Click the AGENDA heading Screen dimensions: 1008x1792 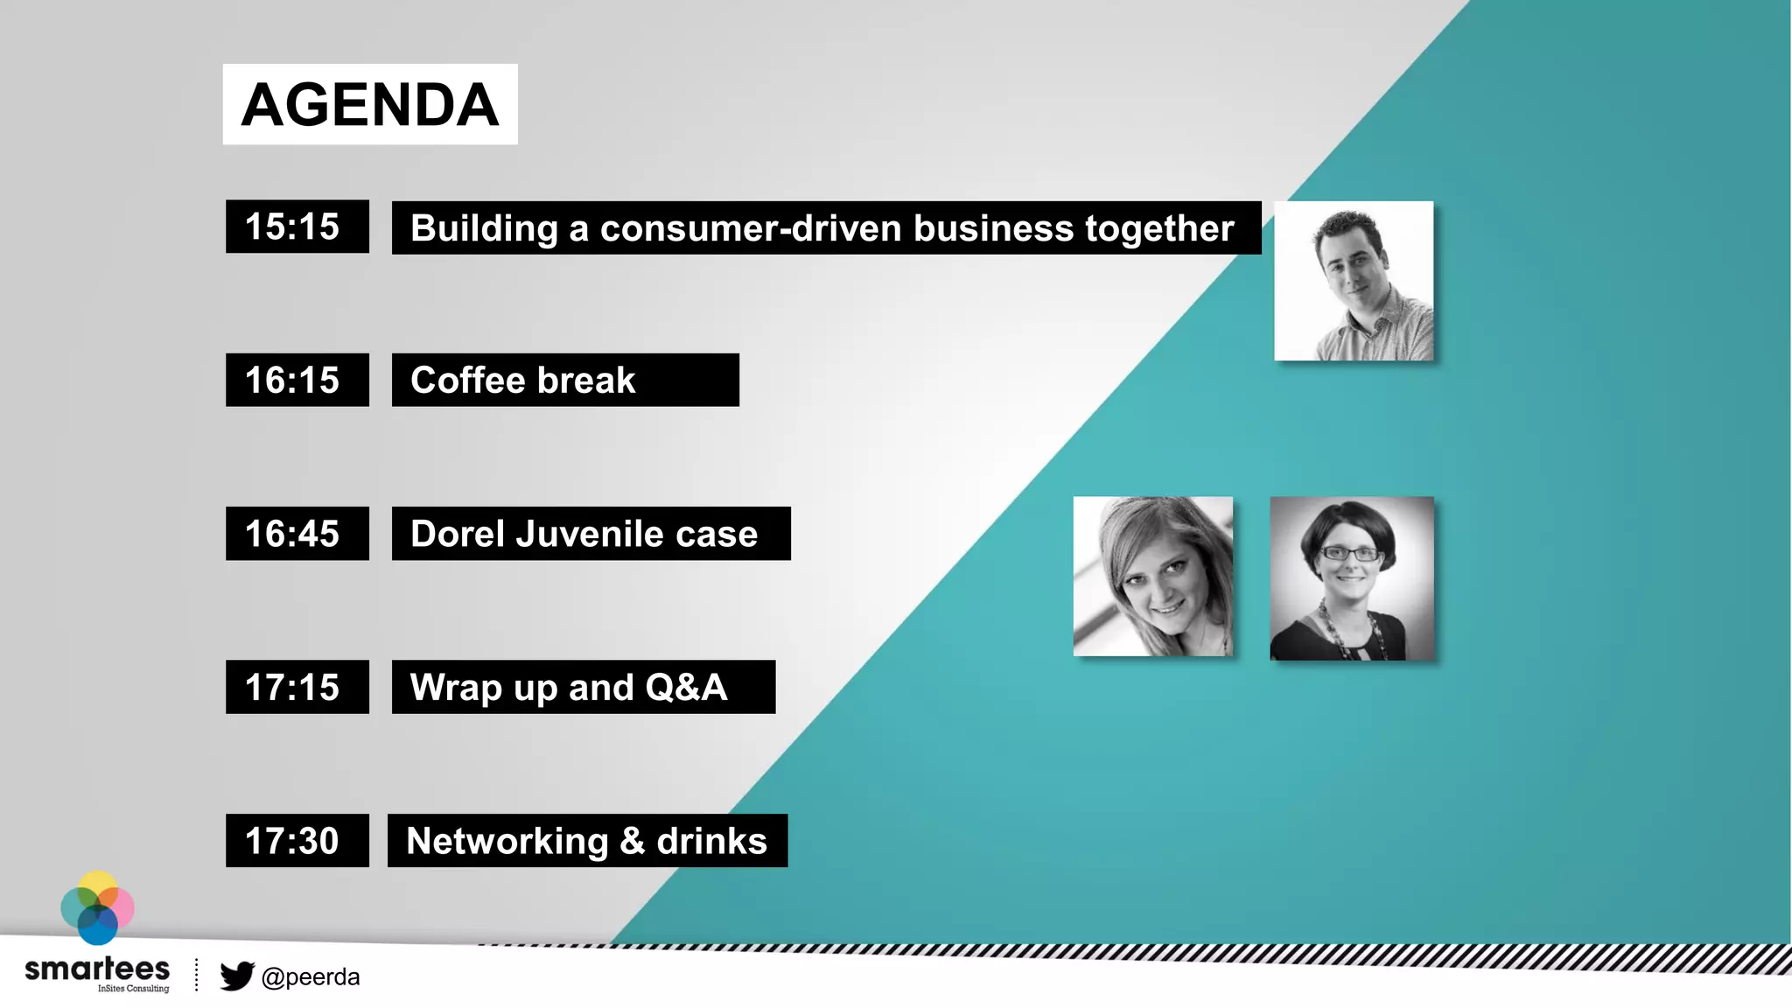point(369,104)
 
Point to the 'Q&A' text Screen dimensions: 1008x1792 point(686,687)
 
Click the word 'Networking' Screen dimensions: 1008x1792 point(507,841)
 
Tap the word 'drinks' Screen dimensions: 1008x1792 point(711,841)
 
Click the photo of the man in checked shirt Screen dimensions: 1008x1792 point(1354,281)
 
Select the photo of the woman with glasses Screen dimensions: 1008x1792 point(1352,578)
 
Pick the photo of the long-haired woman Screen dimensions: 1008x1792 point(1153,577)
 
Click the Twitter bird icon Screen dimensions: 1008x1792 point(236,976)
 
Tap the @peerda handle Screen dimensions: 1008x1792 point(311,976)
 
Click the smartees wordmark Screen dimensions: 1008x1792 point(97,969)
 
